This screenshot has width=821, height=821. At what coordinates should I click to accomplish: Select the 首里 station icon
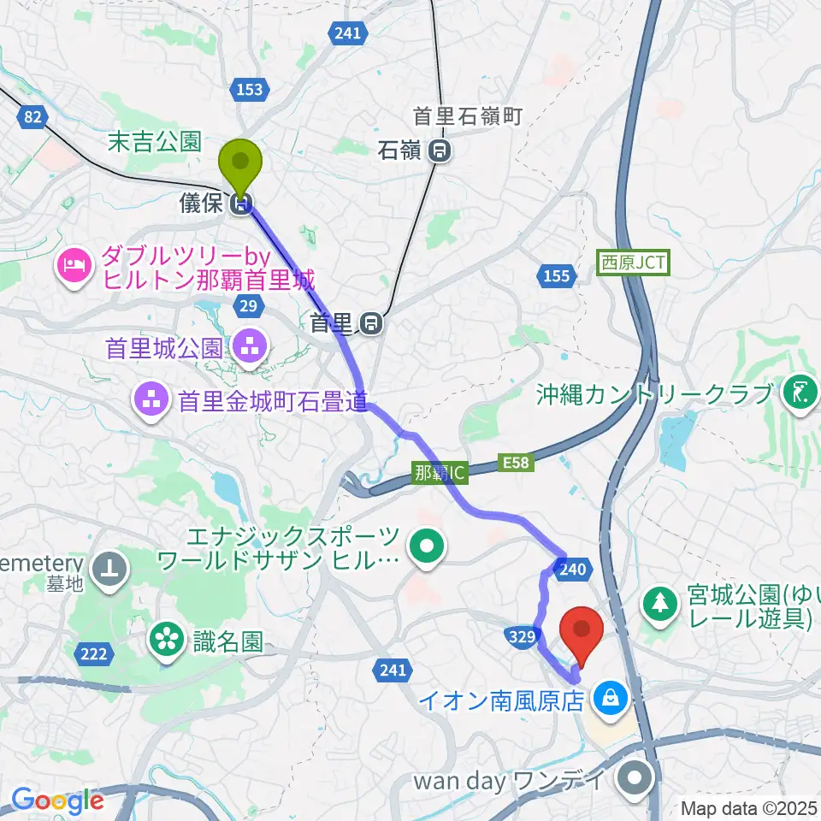point(370,323)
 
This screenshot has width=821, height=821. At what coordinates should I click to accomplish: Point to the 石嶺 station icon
point(440,152)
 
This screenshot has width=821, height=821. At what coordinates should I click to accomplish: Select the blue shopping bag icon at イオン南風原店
point(611,699)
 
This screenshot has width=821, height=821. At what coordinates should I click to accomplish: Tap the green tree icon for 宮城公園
point(661,602)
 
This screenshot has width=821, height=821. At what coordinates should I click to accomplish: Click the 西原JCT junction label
point(634,262)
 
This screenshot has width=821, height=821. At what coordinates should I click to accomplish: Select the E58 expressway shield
point(516,464)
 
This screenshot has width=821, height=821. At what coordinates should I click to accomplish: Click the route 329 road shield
point(524,636)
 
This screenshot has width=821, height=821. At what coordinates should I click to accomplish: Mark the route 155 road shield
point(555,275)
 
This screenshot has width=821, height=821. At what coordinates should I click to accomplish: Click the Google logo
point(57,800)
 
